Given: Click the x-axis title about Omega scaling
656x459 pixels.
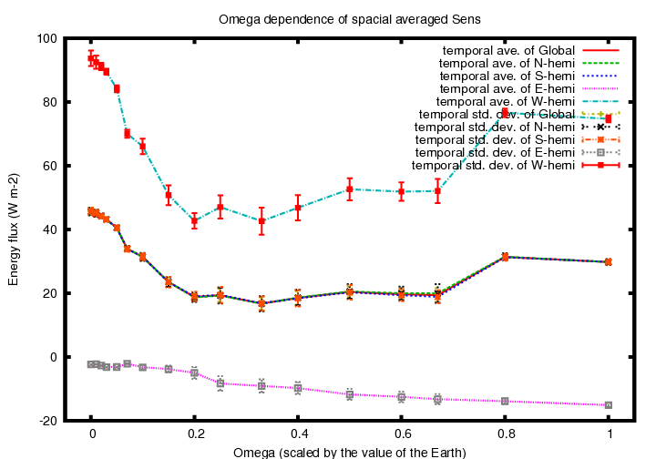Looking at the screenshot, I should [x=350, y=452].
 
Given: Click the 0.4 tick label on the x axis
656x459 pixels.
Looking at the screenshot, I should [x=298, y=435].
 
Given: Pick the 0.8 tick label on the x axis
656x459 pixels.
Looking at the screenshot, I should [x=505, y=435].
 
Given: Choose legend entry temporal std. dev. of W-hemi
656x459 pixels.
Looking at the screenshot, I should [x=493, y=165].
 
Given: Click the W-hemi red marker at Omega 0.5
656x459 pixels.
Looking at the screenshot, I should [x=350, y=189].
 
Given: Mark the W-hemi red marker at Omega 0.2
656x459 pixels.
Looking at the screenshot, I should [x=194, y=220].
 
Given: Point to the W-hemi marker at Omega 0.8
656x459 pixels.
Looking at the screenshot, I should [x=505, y=112].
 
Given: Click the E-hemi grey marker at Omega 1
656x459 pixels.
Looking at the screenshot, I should [x=609, y=405].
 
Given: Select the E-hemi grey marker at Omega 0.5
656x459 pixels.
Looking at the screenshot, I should [x=350, y=394].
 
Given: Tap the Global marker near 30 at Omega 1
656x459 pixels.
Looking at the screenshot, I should [x=609, y=261].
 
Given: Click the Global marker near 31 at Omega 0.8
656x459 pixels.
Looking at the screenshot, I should [x=505, y=257].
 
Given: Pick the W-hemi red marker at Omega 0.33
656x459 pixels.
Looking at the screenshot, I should [x=261, y=220].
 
